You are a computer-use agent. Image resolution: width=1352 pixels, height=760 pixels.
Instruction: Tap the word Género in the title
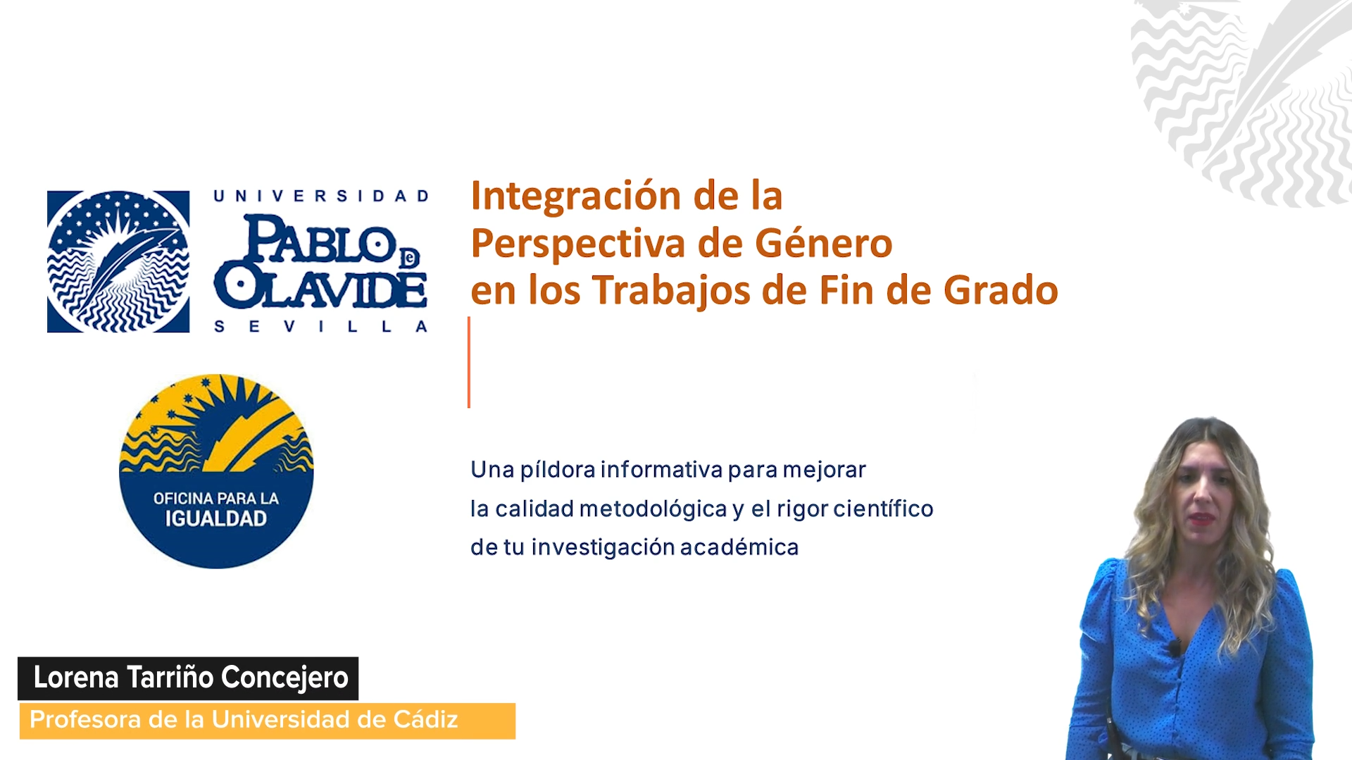click(x=824, y=243)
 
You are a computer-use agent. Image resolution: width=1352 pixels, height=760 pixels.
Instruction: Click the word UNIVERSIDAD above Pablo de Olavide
click(x=322, y=196)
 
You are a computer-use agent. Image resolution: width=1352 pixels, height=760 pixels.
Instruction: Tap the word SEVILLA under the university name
click(x=321, y=327)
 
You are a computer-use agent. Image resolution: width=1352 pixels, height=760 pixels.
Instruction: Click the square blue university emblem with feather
click(x=118, y=261)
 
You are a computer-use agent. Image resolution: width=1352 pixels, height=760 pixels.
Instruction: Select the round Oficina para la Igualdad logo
click(x=216, y=471)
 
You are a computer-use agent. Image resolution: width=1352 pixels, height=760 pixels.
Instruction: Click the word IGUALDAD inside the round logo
click(x=216, y=519)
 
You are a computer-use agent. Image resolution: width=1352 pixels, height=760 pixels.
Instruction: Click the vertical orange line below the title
click(x=469, y=363)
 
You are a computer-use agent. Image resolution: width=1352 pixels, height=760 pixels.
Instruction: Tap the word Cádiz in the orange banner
click(x=425, y=720)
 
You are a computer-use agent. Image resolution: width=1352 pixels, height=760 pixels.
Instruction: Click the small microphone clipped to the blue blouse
click(x=1174, y=646)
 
